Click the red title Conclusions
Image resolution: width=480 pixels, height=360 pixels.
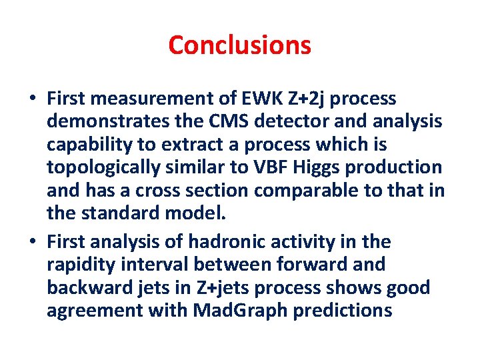click(239, 45)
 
